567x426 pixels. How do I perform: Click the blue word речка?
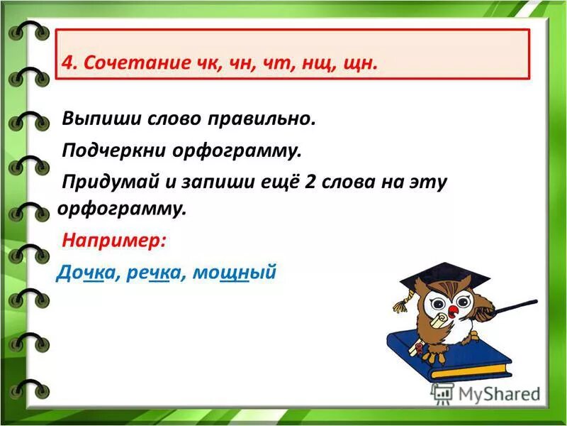coord(152,273)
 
